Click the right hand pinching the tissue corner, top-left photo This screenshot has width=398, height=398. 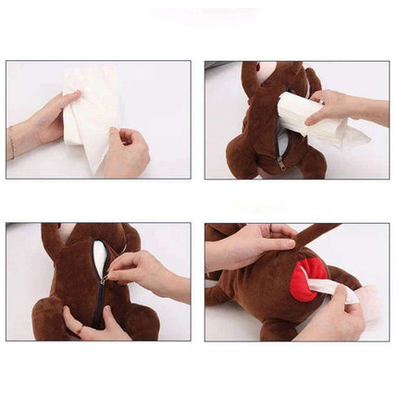tap(125, 153)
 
